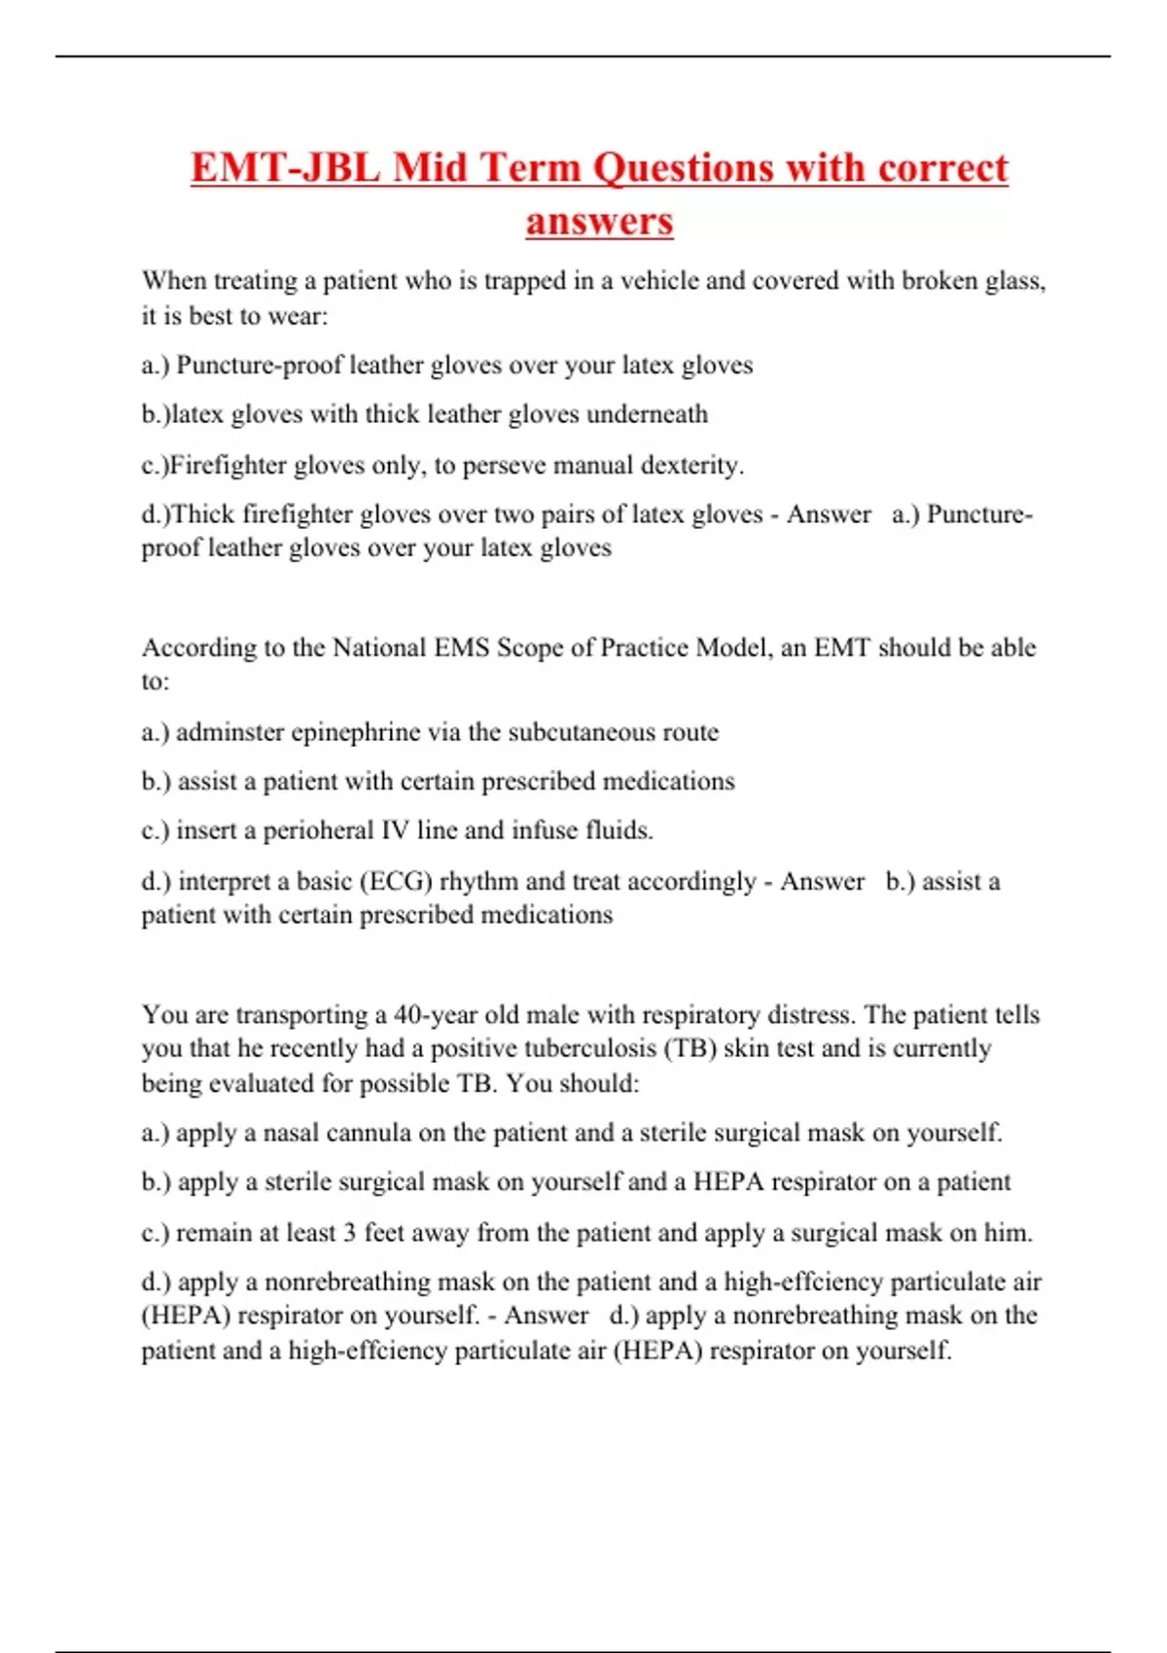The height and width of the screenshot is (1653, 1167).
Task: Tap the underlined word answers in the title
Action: coord(599,221)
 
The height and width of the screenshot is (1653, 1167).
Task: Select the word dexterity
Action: coord(691,465)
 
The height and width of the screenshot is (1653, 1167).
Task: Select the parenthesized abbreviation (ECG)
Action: coord(396,881)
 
